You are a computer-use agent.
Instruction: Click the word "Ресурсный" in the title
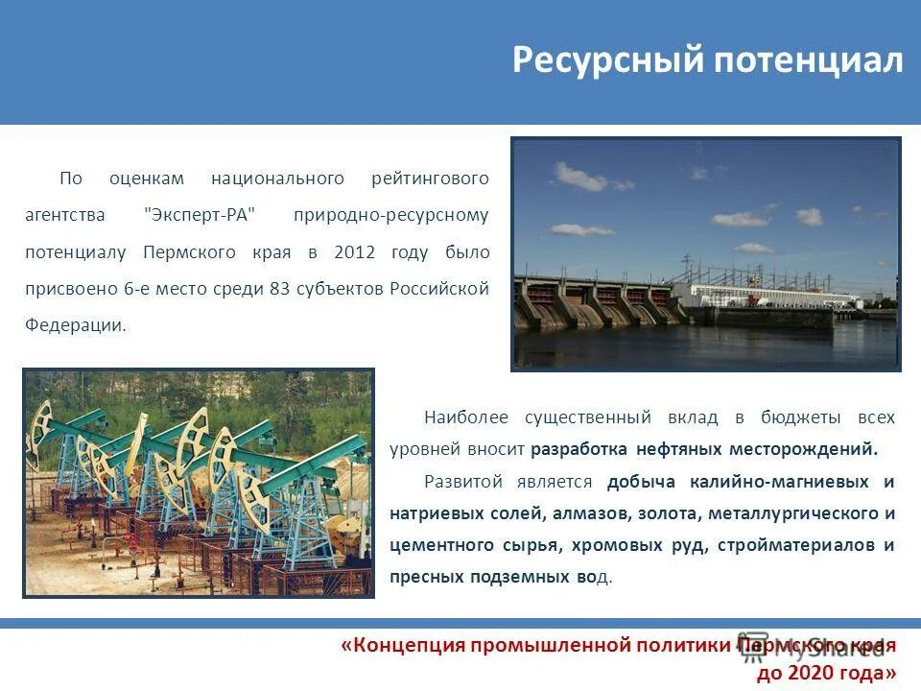click(606, 60)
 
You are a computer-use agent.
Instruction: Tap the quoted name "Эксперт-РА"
click(201, 215)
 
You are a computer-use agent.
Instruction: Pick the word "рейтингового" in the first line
click(430, 179)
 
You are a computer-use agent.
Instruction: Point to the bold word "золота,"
click(669, 513)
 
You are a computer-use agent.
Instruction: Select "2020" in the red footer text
click(809, 674)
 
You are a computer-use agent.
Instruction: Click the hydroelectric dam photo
click(705, 253)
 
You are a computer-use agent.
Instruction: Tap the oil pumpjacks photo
click(199, 482)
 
